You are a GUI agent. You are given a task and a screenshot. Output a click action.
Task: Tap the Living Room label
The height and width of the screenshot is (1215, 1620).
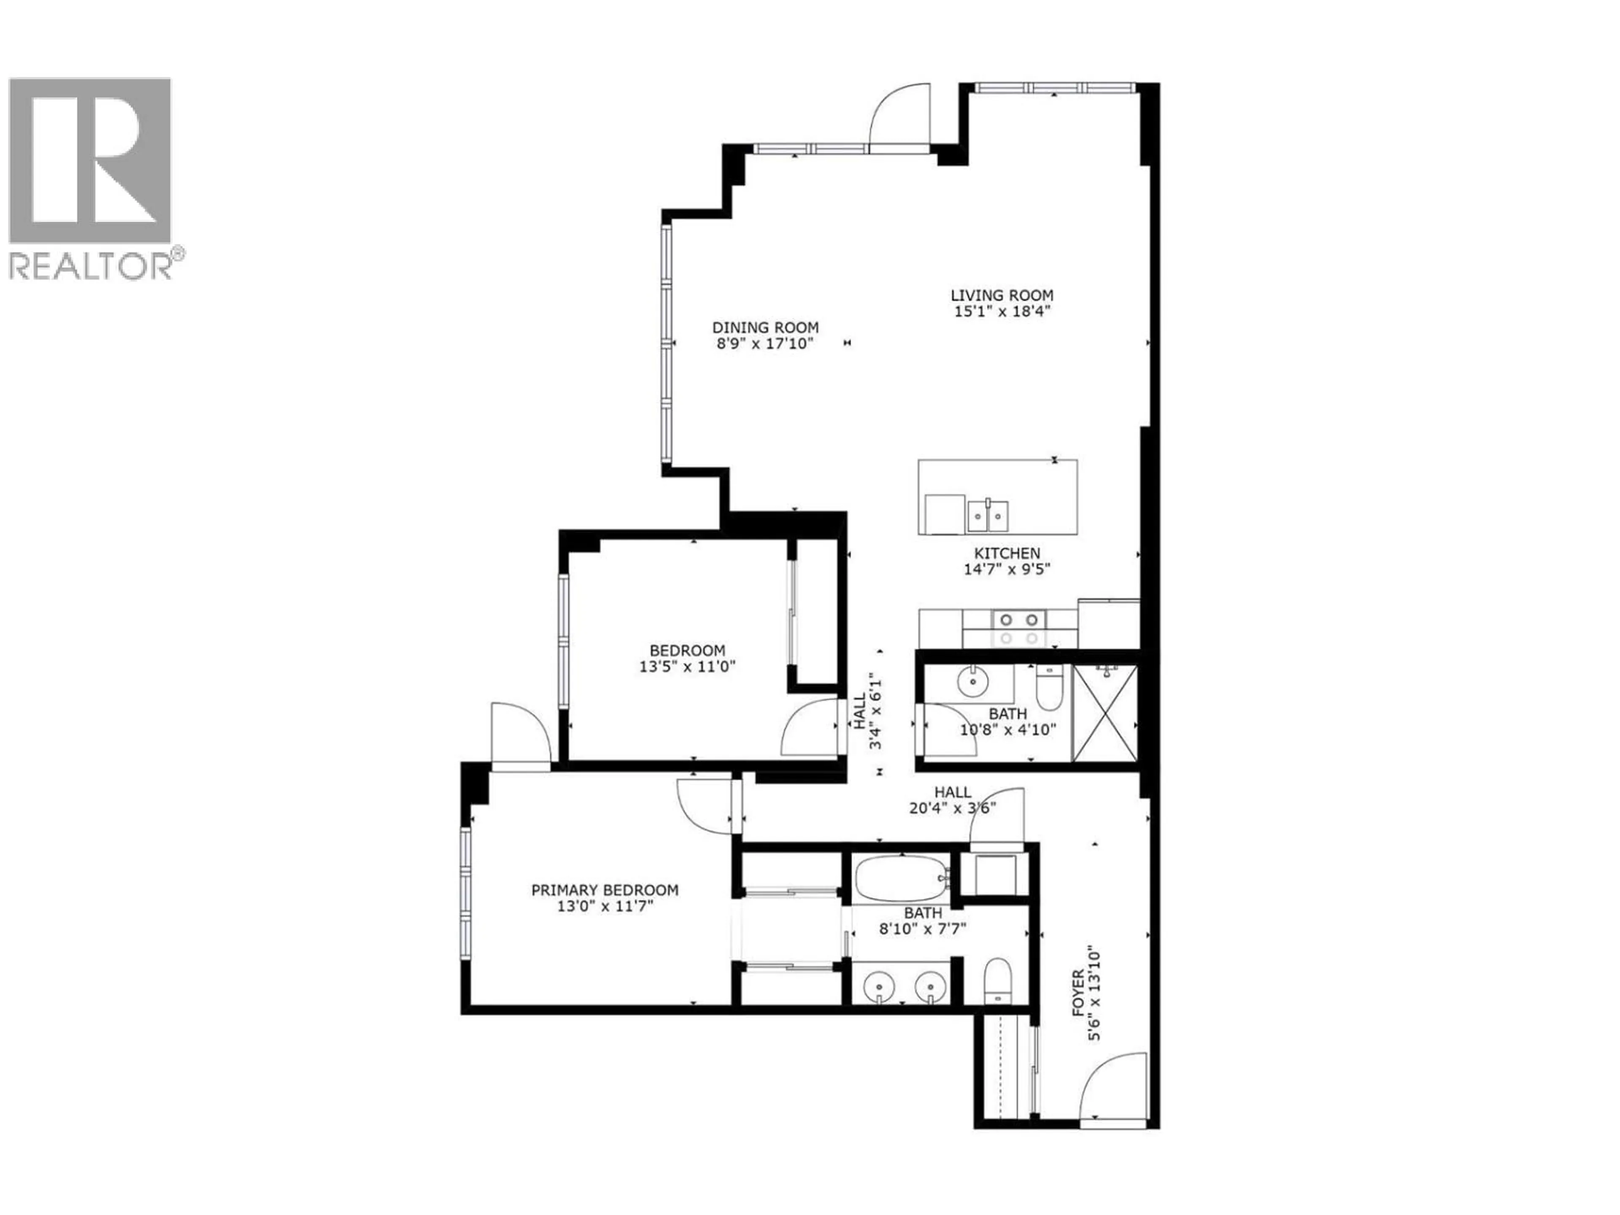pos(1002,295)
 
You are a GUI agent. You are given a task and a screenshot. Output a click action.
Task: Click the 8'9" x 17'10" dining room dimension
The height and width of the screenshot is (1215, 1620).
pos(765,343)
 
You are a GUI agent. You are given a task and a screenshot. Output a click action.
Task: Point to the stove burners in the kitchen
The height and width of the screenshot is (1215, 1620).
pos(1019,628)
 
